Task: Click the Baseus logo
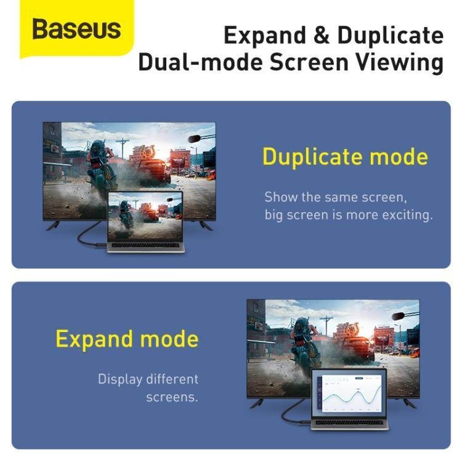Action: pos(76,29)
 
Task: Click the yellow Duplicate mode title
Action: pos(345,156)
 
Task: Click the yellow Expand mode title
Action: pos(127,339)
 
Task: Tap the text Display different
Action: pos(148,379)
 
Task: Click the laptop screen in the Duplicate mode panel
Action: pos(145,216)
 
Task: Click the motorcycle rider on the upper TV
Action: pos(100,163)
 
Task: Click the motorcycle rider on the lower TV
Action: pos(304,342)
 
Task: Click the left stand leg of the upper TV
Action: pos(54,225)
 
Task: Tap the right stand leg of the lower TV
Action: pos(409,403)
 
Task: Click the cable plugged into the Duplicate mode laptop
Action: pos(86,237)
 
